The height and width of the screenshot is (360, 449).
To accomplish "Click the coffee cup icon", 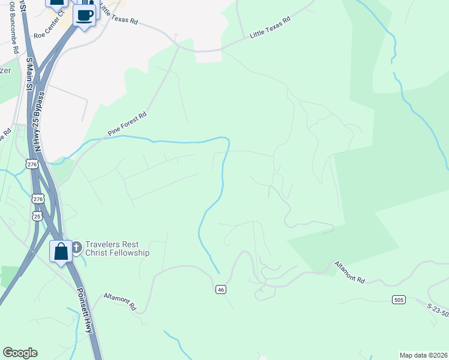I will coord(85,15).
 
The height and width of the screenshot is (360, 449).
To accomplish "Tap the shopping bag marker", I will coord(61,251).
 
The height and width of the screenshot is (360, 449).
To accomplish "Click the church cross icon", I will coord(77,247).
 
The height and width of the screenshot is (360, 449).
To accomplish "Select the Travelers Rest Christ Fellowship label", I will coord(117,248).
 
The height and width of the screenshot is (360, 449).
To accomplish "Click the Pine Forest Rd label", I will coord(127,124).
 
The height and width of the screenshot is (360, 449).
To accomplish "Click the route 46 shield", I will coord(221,289).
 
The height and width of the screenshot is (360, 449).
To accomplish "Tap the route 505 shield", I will coord(399,299).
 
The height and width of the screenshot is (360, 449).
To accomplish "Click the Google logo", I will coord(20,353).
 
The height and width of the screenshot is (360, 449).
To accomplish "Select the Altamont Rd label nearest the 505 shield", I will coord(350,271).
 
